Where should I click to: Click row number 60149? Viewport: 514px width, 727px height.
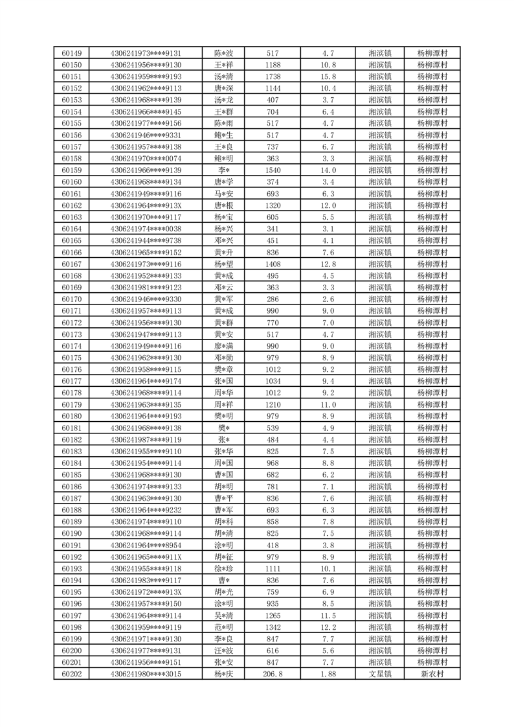pyautogui.click(x=71, y=53)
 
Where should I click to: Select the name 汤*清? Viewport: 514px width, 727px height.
pyautogui.click(x=223, y=76)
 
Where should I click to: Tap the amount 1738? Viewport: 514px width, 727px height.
pyautogui.click(x=273, y=76)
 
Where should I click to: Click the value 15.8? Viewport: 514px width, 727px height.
pyautogui.click(x=328, y=76)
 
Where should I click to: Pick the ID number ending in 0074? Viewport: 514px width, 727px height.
pyautogui.click(x=146, y=159)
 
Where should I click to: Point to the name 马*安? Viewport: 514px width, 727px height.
pyautogui.click(x=223, y=194)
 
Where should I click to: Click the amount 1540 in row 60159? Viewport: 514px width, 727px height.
pyautogui.click(x=273, y=170)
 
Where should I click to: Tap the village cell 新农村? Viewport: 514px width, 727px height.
pyautogui.click(x=432, y=675)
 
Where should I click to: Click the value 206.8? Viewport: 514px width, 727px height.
pyautogui.click(x=273, y=675)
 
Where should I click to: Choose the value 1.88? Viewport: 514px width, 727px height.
pyautogui.click(x=328, y=675)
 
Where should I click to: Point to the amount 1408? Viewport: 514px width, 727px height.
pyautogui.click(x=273, y=264)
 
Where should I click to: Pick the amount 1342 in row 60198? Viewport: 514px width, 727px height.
pyautogui.click(x=273, y=628)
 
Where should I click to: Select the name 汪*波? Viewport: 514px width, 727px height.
pyautogui.click(x=223, y=651)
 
